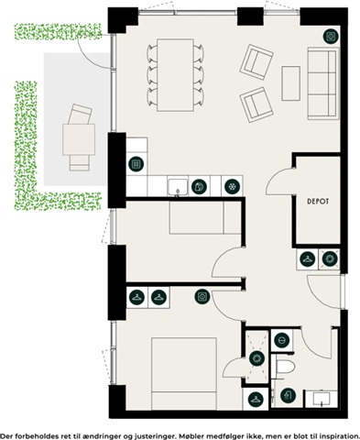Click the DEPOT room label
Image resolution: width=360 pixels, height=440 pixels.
tap(318, 202)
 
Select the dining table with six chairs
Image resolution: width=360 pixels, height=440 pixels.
tap(175, 75)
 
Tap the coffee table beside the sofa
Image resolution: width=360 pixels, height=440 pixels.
tap(290, 83)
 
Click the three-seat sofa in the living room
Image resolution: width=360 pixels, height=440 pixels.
tap(323, 83)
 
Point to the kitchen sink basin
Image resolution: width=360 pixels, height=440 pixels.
tap(178, 187)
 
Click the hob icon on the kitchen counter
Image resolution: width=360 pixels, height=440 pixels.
tap(136, 164)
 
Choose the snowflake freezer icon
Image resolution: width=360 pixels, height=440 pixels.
tap(232, 186)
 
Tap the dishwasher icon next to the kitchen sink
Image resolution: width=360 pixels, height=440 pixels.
tap(199, 186)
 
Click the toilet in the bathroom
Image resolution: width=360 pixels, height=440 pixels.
tap(285, 367)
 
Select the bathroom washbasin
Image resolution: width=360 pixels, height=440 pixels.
tap(322, 399)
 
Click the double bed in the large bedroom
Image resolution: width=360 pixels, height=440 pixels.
tap(184, 373)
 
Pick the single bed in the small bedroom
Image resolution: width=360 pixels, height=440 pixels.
tap(205, 217)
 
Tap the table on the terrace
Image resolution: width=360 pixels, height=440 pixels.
tap(79, 139)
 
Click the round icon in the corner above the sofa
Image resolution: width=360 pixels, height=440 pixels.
tap(331, 37)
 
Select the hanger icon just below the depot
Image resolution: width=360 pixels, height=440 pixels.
tap(308, 259)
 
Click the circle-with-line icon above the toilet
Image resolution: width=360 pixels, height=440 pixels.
tap(281, 340)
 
